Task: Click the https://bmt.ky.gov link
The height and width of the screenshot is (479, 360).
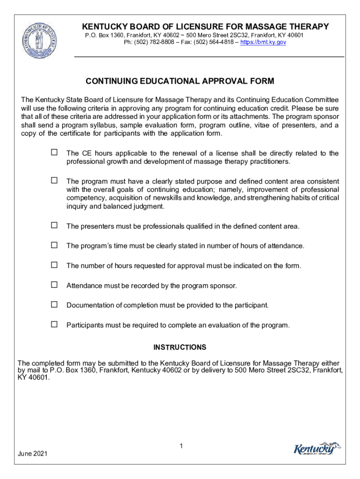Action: tap(263, 42)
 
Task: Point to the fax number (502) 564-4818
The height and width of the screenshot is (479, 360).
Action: tap(208, 42)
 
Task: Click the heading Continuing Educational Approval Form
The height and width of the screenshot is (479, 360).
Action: tap(180, 81)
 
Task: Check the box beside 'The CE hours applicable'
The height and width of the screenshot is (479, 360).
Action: tap(54, 152)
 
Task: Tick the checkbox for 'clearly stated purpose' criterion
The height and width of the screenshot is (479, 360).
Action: tap(54, 181)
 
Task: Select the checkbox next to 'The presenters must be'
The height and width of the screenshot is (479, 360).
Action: tap(54, 225)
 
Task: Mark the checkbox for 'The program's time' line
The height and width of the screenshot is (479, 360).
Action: tap(54, 245)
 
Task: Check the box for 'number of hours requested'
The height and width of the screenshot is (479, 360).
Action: tap(54, 265)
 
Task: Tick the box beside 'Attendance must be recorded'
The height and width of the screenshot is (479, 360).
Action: tap(54, 285)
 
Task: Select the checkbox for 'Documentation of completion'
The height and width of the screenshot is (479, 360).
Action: tap(54, 305)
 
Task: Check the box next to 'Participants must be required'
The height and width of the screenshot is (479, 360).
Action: tap(54, 324)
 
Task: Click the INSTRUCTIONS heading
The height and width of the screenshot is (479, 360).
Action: tap(180, 348)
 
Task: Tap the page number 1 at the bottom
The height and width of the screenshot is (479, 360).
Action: tap(180, 447)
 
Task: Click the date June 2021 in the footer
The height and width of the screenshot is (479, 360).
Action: tap(32, 454)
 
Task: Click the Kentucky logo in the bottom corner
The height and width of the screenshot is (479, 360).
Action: tap(317, 449)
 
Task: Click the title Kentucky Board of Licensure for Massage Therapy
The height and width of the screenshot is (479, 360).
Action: tap(205, 27)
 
